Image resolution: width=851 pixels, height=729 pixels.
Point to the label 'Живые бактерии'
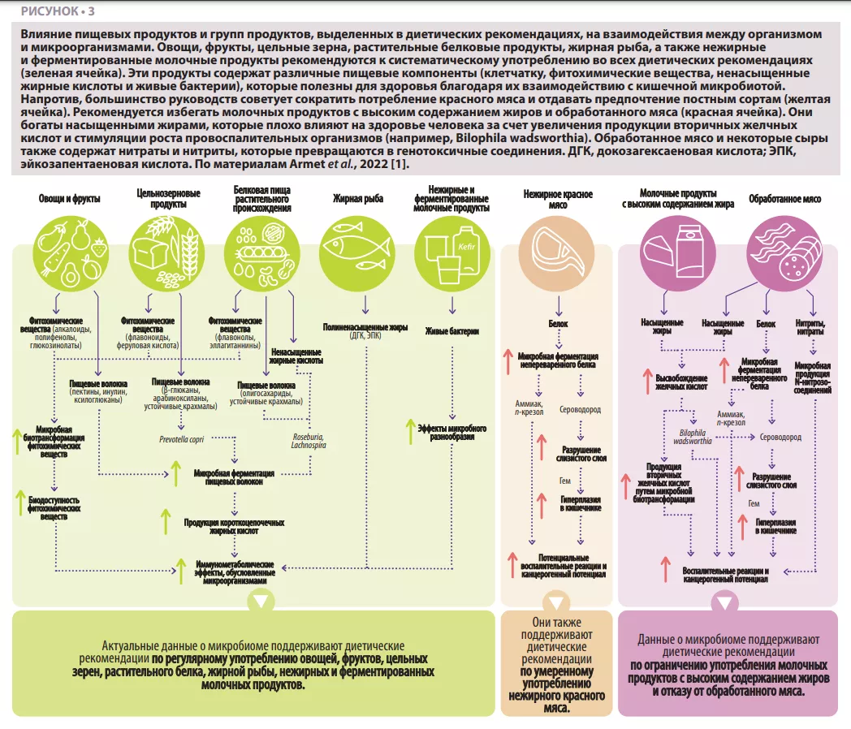pos(452,331)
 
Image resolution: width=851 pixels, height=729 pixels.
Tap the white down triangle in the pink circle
pos(723,602)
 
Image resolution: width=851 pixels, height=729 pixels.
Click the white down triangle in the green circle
pos(259,602)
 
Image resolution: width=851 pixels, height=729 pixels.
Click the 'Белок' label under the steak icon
pos(556,324)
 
